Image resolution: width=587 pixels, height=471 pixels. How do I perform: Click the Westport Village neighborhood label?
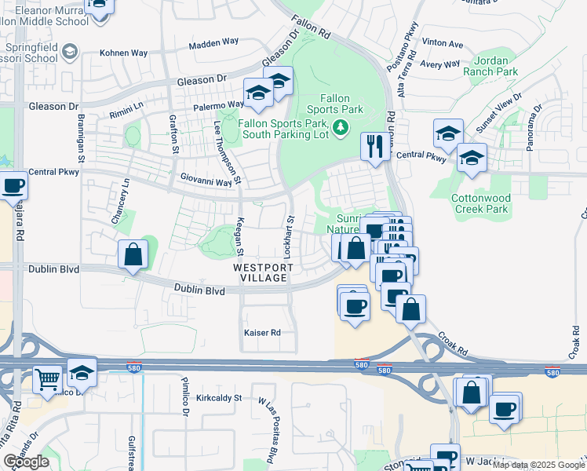(263, 272)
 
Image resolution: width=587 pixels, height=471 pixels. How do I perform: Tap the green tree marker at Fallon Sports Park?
(341, 127)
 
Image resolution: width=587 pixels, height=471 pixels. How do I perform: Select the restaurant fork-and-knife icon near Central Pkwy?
(374, 145)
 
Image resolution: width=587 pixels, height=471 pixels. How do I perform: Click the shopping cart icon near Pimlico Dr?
(47, 380)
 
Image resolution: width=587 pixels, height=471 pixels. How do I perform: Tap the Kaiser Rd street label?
(262, 333)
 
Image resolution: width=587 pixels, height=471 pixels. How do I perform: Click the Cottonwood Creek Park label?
(481, 204)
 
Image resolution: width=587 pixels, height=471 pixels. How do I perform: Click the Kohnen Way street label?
(124, 53)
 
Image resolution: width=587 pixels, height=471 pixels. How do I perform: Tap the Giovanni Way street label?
(206, 181)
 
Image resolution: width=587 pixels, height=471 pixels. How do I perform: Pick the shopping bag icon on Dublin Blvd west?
(133, 254)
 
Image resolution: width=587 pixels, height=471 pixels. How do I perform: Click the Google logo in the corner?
(26, 462)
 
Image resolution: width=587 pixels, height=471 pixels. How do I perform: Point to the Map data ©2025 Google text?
(538, 465)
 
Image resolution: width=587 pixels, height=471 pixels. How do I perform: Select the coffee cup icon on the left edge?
(13, 186)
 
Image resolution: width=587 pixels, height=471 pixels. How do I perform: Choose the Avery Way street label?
(439, 64)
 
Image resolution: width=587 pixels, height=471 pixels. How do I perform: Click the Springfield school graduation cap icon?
(70, 52)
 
